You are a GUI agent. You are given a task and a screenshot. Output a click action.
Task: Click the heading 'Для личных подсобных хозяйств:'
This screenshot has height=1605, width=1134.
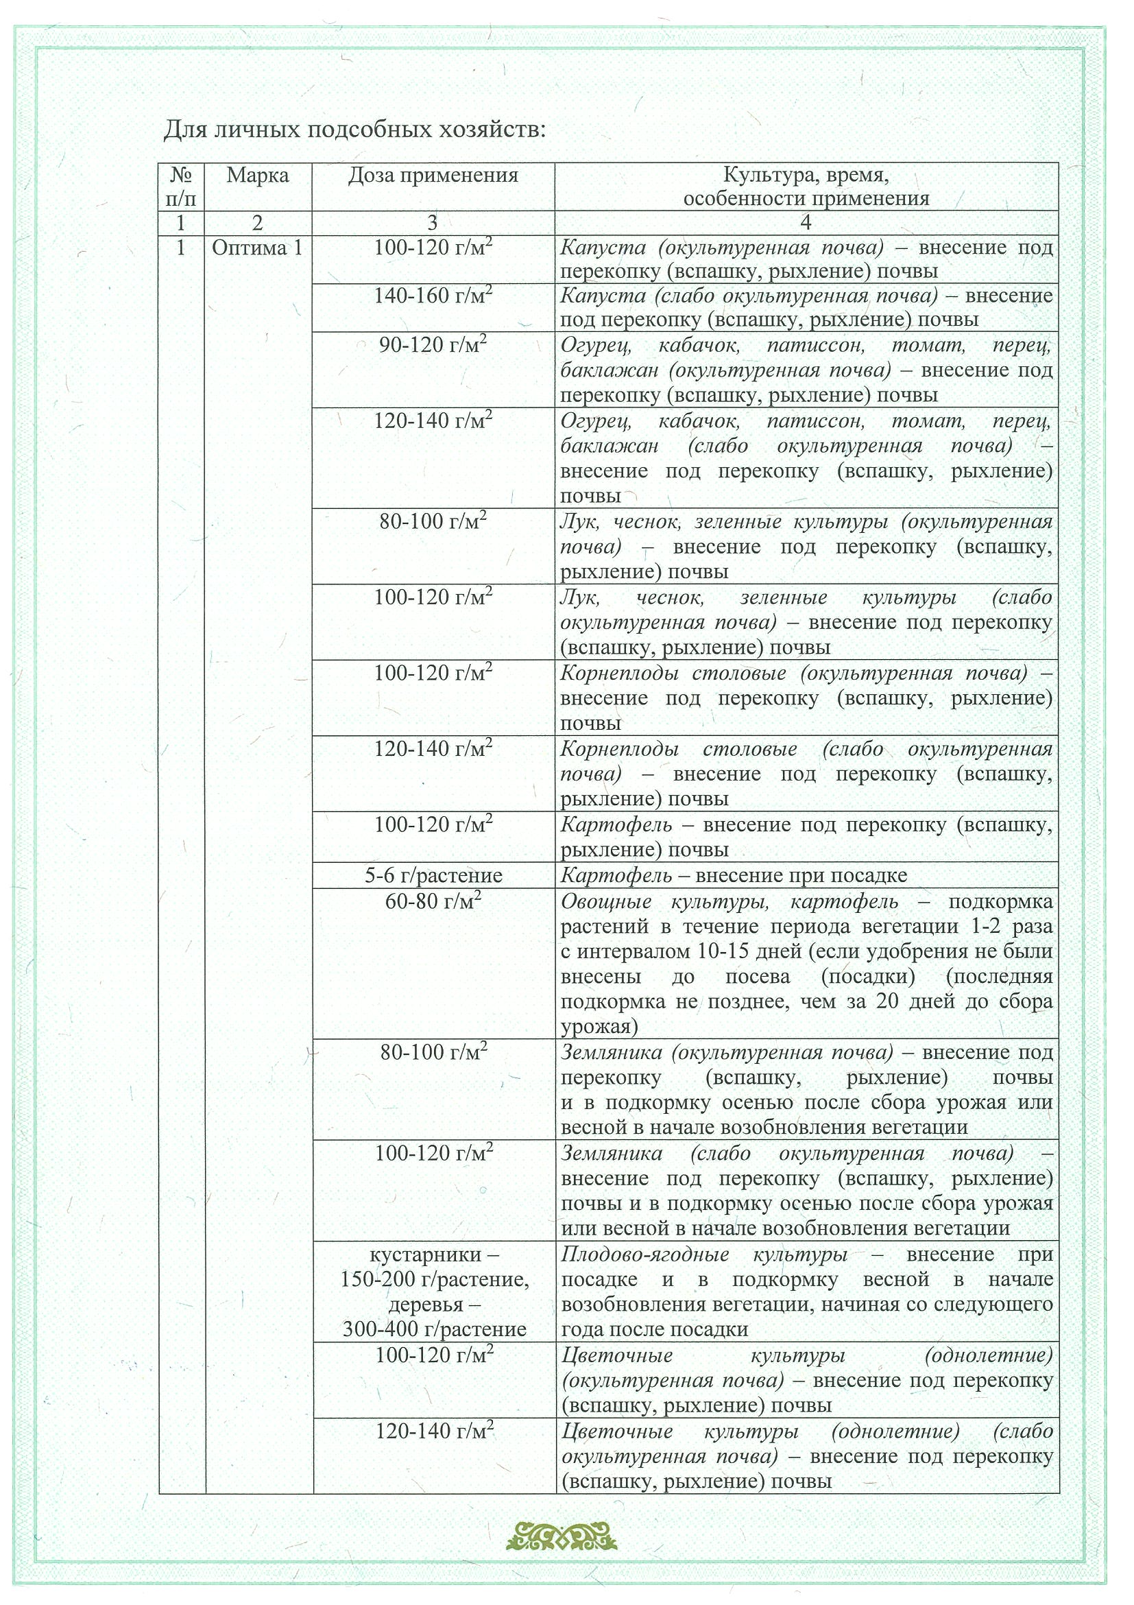coord(354,130)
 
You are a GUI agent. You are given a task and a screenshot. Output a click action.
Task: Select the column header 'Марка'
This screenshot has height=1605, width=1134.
coord(258,175)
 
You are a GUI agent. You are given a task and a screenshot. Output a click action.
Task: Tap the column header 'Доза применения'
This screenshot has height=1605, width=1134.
coord(433,175)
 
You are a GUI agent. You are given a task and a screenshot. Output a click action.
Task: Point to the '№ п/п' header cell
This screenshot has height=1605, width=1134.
coord(181,186)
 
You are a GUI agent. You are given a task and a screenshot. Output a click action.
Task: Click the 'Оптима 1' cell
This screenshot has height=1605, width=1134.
coord(258,248)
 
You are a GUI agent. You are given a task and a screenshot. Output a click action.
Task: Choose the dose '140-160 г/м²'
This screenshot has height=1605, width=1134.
coord(433,296)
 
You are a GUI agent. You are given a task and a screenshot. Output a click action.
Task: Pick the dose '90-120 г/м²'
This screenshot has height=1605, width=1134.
coord(433,345)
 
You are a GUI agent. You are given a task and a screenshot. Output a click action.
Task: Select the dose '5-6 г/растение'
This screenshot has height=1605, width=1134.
coord(433,875)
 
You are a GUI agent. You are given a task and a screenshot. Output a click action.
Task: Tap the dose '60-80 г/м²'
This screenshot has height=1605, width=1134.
coord(433,901)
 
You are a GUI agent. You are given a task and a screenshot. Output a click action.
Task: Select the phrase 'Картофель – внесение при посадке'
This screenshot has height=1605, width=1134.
coord(734,875)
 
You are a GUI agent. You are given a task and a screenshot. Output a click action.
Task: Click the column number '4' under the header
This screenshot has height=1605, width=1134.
coord(806,223)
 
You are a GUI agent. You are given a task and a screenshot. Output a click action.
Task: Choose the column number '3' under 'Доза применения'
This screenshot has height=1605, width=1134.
coord(433,223)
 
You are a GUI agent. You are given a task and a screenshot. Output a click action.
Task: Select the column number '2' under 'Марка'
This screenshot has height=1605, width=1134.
coord(258,223)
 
